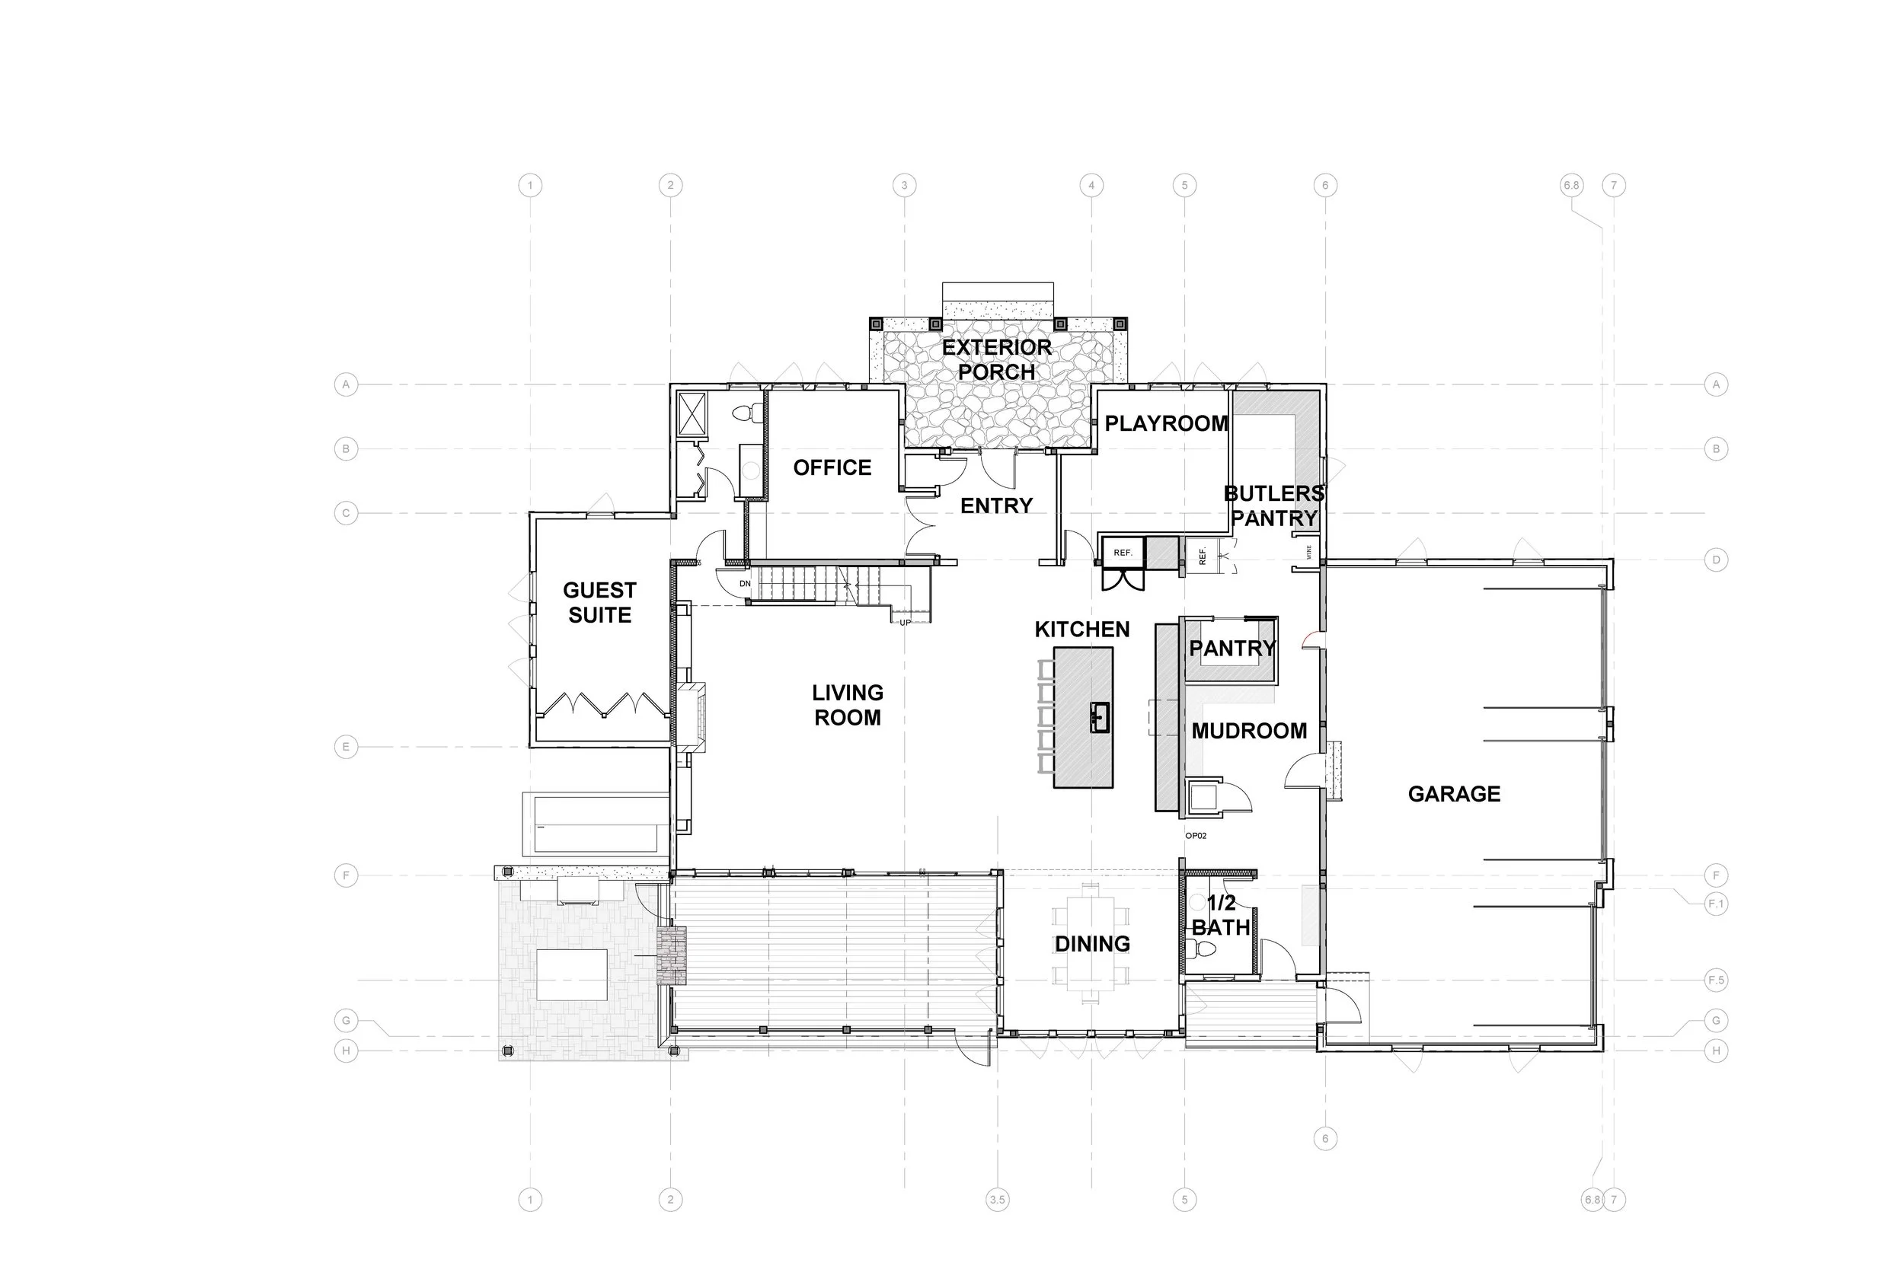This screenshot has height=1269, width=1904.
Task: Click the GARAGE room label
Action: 1454,794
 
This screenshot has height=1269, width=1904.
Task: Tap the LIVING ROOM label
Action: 848,705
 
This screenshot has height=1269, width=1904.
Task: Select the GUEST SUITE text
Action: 599,602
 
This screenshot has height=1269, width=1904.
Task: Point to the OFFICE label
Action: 832,467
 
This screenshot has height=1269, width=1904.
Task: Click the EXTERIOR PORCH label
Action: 996,359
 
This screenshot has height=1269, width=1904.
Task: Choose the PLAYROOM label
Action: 1166,423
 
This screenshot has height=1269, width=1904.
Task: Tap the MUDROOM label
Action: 1248,731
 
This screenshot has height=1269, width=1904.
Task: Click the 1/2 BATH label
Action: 1220,915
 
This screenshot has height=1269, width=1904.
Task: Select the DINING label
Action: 1092,944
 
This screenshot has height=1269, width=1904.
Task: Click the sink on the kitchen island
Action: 1099,717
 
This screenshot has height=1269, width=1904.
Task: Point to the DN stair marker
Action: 745,584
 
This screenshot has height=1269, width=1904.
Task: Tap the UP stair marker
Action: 905,623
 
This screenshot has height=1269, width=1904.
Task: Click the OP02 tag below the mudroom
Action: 1196,835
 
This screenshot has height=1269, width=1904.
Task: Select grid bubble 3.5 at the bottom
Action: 998,1200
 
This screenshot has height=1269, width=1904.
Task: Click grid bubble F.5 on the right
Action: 1715,980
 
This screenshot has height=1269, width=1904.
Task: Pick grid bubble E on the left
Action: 346,747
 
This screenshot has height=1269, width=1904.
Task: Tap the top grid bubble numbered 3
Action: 904,185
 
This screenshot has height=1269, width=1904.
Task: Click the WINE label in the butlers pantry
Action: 1308,552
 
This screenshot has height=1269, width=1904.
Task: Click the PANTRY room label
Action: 1232,649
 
